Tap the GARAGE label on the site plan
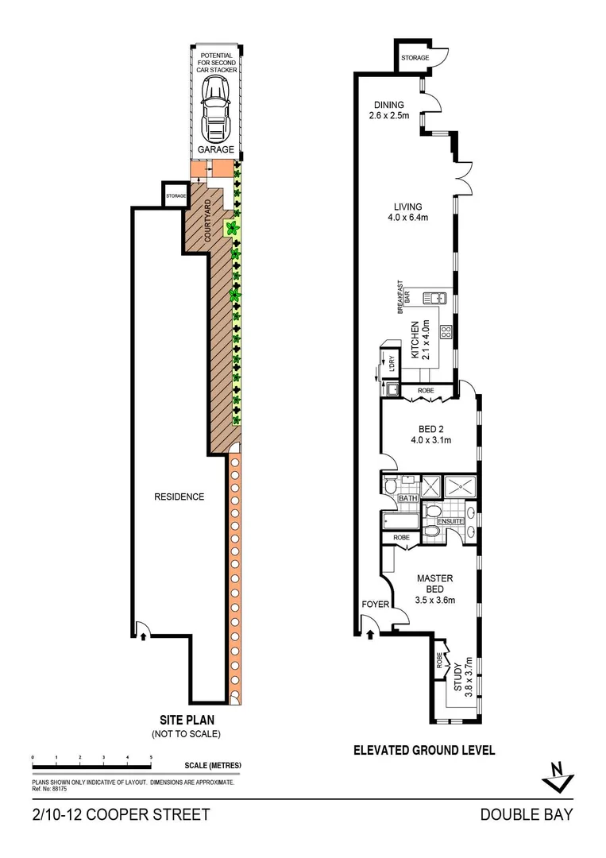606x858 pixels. [x=216, y=149]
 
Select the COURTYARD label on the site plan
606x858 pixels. [x=208, y=222]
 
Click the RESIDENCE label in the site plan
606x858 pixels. [x=179, y=497]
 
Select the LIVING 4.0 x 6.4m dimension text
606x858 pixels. [x=408, y=217]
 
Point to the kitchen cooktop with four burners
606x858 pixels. [x=446, y=332]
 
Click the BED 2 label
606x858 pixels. [x=431, y=429]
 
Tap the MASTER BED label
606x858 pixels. [x=434, y=583]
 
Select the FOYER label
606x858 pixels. [x=376, y=605]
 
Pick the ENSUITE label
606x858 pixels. [x=448, y=521]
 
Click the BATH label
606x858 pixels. [x=407, y=498]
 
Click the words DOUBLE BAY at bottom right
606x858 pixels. [x=526, y=815]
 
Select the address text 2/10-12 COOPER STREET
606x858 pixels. [x=122, y=815]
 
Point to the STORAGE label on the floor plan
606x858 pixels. [x=415, y=58]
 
